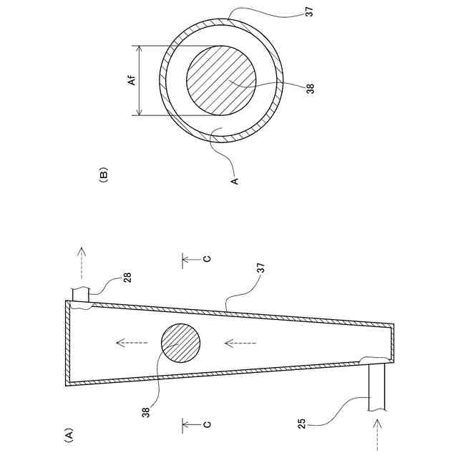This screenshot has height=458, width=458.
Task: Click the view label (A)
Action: coord(69,434)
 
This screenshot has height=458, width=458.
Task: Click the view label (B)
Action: coord(104,173)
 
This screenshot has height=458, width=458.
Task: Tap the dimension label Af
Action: coord(132,81)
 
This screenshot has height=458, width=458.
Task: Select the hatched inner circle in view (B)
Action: coord(221,81)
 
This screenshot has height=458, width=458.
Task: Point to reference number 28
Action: coord(127,278)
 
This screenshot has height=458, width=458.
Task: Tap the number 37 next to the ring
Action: coord(308,12)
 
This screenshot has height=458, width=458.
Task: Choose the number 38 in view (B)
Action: coord(310,89)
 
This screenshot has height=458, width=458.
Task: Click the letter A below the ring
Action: coord(233,182)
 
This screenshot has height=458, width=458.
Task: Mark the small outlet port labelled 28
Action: coord(80,293)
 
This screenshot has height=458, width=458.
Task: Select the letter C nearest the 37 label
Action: coord(206,259)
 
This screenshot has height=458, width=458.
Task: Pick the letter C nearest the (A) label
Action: coord(206,424)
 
